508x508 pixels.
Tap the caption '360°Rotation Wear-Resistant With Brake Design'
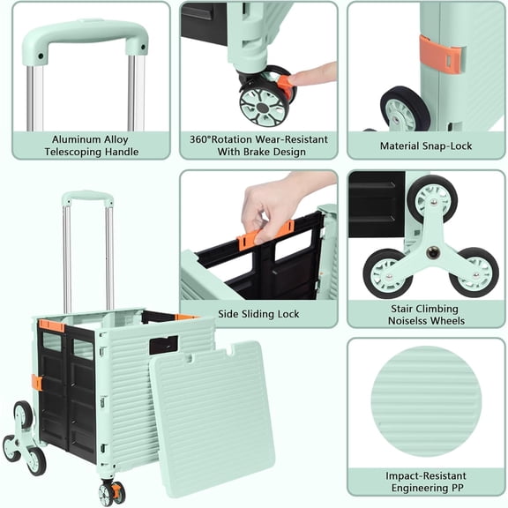pyautogui.click(x=258, y=146)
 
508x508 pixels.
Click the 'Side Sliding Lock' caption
pyautogui.click(x=258, y=314)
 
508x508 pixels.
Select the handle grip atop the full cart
pyautogui.click(x=86, y=198)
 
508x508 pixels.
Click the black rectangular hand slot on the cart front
pyautogui.click(x=164, y=345)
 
